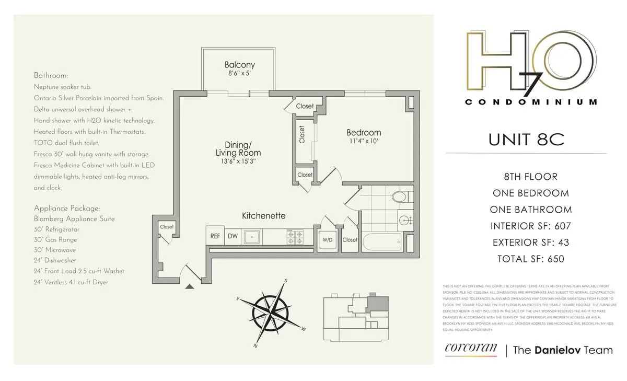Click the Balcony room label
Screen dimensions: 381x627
[x=240, y=65]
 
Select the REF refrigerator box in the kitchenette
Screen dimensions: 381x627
[x=215, y=236]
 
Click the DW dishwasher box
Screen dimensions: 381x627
[x=233, y=236]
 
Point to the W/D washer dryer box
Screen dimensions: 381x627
[x=328, y=240]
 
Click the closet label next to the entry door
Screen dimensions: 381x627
[x=167, y=227]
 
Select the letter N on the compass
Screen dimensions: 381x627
[x=256, y=345]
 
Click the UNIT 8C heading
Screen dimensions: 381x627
[x=526, y=140]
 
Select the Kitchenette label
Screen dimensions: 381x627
[x=263, y=216]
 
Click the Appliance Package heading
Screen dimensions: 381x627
[x=67, y=208]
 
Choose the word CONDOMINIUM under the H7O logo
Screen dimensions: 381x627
[x=530, y=102]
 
